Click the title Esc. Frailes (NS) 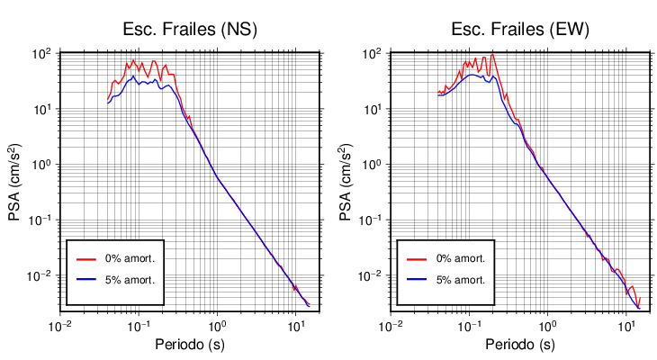[190, 29]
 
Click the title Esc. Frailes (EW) [519, 29]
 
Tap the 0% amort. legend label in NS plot [131, 258]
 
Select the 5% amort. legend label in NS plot [131, 280]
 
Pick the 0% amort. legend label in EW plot [461, 258]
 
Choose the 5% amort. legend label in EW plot [461, 280]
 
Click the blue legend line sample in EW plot [417, 280]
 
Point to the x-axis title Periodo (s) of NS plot [190, 345]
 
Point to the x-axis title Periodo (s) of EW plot [519, 345]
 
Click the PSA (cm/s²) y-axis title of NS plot [15, 181]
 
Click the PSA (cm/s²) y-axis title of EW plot [346, 181]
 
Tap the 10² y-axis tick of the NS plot [40, 54]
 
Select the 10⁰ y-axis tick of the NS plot [40, 165]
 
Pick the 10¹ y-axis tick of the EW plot [371, 110]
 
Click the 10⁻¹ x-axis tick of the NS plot [138, 326]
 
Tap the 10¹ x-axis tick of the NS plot [294, 326]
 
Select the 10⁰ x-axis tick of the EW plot [545, 326]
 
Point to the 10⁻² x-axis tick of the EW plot [389, 326]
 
